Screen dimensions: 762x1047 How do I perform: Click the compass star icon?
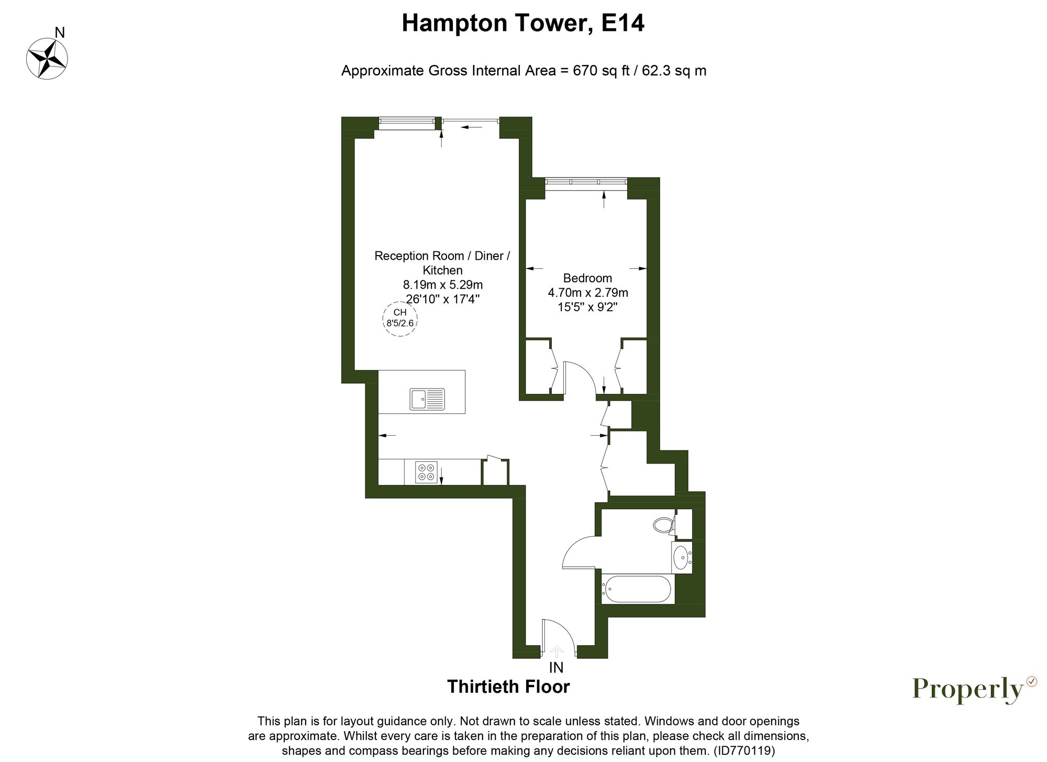(x=47, y=59)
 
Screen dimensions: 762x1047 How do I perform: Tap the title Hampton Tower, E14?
(x=522, y=24)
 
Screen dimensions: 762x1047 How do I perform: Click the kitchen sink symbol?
(x=427, y=399)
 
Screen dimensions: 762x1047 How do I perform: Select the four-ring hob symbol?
(x=426, y=471)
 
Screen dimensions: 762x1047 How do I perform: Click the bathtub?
(x=636, y=589)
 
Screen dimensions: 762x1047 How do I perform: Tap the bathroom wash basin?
(x=681, y=557)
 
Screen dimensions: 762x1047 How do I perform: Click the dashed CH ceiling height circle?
(x=400, y=318)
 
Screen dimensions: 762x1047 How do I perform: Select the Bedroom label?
(x=587, y=278)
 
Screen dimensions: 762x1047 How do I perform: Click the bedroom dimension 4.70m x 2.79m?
(x=587, y=292)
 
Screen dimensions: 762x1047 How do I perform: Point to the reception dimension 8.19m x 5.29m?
(x=442, y=285)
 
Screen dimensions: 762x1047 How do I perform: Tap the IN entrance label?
(x=556, y=668)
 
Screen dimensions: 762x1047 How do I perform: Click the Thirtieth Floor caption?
(x=508, y=687)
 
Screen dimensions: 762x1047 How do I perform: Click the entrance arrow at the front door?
(x=556, y=651)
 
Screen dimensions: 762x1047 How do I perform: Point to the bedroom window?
(x=586, y=182)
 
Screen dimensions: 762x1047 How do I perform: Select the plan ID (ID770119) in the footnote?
(x=744, y=750)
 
